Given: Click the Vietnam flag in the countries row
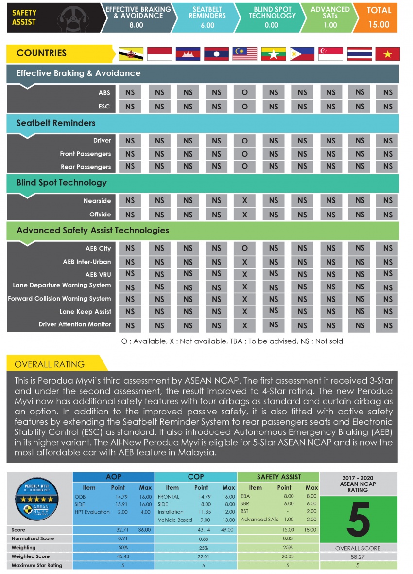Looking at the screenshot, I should (387, 54).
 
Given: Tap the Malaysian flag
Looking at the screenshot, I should (244, 54).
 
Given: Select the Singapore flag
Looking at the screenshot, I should (330, 54).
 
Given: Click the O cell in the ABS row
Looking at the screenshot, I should (244, 92).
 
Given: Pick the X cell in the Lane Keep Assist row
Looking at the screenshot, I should (244, 312).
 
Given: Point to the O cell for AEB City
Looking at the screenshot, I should (244, 249).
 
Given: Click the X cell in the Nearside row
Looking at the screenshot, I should (244, 201).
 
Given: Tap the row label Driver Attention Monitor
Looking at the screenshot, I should (75, 324).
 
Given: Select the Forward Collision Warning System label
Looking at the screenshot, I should (59, 299).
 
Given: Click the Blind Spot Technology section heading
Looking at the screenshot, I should (61, 183).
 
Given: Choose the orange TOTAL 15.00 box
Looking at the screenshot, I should (379, 17).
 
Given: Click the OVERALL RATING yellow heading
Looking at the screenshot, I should (50, 364).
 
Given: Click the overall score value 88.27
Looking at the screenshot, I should (358, 556).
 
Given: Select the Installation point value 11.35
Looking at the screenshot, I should (201, 512).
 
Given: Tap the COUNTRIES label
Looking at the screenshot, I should (41, 54).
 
